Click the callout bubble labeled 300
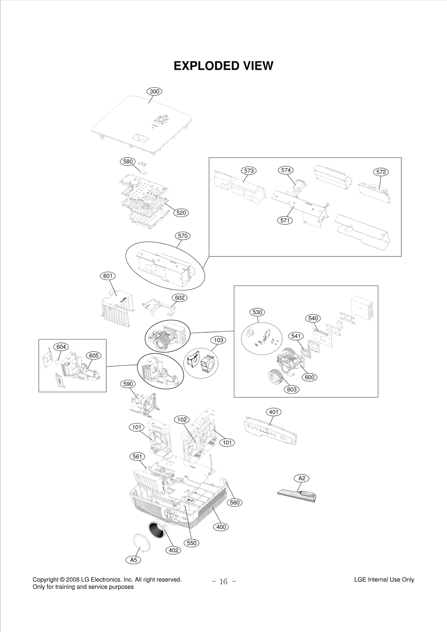[154, 92]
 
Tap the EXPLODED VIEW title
[223, 66]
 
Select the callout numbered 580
[128, 162]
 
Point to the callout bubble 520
[181, 213]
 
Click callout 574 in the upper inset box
[286, 170]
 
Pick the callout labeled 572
[381, 172]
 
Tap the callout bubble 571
[285, 221]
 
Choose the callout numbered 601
[108, 276]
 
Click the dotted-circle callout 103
[218, 340]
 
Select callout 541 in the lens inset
[296, 336]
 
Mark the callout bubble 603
[291, 389]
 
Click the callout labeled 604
[61, 347]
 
